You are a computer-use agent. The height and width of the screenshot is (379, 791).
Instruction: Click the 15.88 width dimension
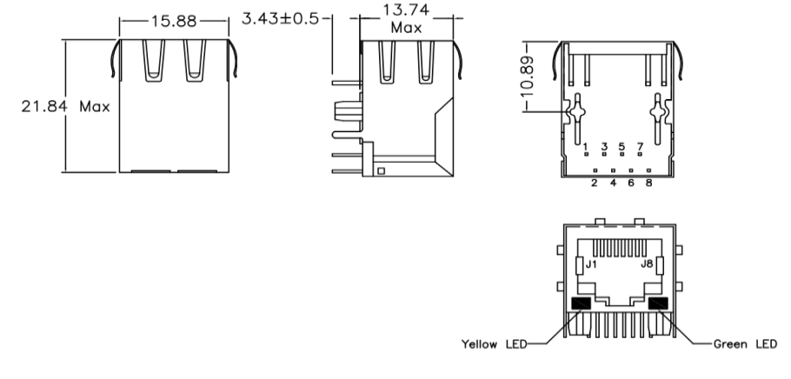175,20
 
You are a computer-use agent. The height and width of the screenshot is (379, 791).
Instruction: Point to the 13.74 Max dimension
405,19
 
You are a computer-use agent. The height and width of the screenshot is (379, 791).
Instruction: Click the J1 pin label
591,264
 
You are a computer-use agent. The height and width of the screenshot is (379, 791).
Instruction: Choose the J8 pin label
648,264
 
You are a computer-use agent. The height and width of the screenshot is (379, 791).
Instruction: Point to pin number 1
587,146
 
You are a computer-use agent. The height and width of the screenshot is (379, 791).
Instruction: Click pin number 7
641,146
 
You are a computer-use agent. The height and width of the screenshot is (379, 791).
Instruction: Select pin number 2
595,183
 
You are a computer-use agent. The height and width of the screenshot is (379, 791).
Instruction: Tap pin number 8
649,183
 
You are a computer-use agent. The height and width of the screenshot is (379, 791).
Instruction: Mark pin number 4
614,183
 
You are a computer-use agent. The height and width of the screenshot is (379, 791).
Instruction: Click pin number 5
622,146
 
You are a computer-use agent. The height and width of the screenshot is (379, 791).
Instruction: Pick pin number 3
604,146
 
